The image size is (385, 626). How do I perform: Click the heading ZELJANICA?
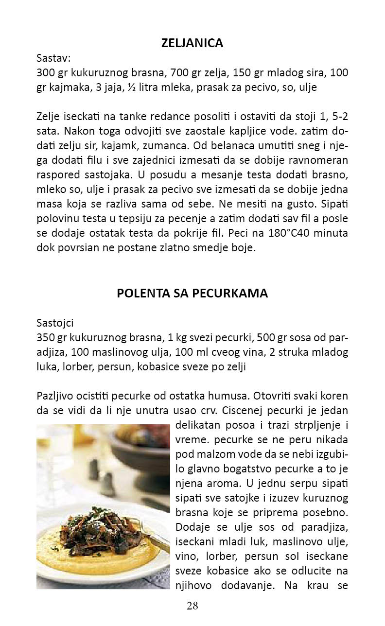[x=192, y=43]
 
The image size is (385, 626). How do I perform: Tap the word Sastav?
[x=53, y=58]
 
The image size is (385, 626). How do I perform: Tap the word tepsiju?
[x=129, y=220]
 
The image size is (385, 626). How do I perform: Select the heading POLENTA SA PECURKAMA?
[x=192, y=294]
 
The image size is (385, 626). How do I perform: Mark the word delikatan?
[x=196, y=425]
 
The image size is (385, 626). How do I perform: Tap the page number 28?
[x=192, y=606]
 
